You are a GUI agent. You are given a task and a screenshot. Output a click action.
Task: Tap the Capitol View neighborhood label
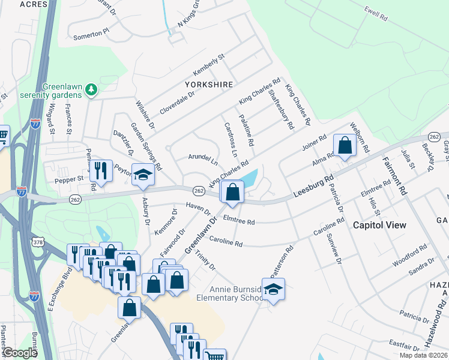[379, 225]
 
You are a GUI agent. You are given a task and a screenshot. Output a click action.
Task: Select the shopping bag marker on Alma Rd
[345, 145]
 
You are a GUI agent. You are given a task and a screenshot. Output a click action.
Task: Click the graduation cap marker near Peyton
[143, 173]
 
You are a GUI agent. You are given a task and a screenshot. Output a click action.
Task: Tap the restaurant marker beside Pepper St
[101, 171]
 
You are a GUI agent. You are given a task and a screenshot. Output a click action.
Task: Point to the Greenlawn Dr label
[203, 236]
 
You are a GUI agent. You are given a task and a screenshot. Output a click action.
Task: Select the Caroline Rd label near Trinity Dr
[226, 243]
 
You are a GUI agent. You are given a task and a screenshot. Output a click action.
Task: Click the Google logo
[20, 353]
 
